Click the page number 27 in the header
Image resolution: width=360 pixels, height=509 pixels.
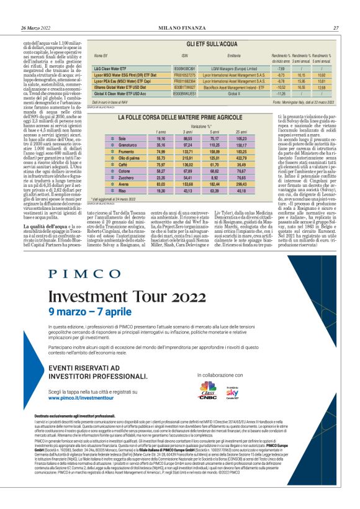click(336, 28)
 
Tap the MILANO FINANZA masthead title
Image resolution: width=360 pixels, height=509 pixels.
click(179, 28)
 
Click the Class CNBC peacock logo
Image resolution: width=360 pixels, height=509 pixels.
click(207, 390)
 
